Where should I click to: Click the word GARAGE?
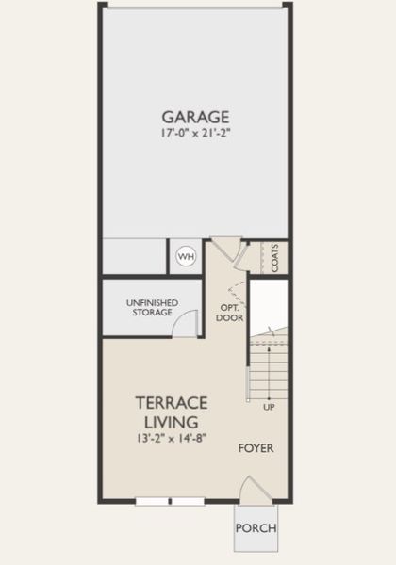click(195, 117)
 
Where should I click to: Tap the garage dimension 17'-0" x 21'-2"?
click(195, 134)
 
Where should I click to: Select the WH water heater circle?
click(187, 256)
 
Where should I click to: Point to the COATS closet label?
click(274, 258)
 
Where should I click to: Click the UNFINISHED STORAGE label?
click(152, 307)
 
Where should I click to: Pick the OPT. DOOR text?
click(230, 314)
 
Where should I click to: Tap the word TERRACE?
click(172, 403)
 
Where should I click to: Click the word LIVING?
click(172, 422)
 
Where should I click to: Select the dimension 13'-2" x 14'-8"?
click(172, 438)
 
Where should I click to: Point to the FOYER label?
click(256, 448)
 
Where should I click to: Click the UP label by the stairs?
click(269, 407)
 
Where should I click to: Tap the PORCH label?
click(256, 528)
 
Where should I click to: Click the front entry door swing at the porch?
click(256, 490)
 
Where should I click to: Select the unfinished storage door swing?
click(185, 323)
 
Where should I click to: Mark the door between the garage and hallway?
click(226, 249)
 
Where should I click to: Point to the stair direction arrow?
click(269, 374)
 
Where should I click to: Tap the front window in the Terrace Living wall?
click(170, 501)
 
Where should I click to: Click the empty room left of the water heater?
click(134, 256)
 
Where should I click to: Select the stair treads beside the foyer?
click(269, 371)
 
